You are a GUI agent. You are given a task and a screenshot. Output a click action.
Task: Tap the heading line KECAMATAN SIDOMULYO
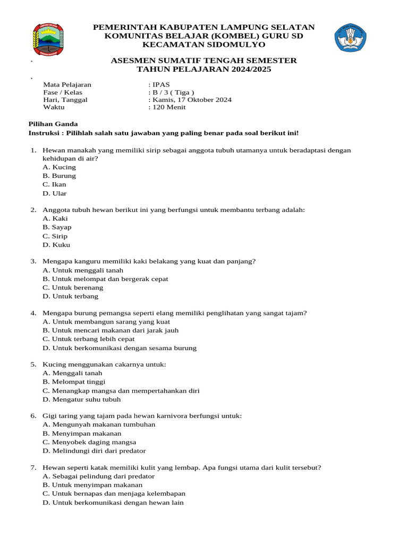(203, 45)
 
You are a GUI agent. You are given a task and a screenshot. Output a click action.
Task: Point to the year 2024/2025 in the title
(242, 69)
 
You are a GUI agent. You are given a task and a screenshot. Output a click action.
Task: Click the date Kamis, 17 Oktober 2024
(192, 99)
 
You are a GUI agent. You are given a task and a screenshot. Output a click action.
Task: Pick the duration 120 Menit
(169, 107)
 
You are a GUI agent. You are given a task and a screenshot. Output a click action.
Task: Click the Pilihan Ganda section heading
(53, 124)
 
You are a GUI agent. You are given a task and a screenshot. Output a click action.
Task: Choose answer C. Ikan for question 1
(55, 184)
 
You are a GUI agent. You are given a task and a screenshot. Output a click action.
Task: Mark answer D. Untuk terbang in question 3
(71, 296)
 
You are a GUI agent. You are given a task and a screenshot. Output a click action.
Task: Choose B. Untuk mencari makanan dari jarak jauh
(110, 330)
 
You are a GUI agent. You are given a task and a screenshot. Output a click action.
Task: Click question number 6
(33, 415)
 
